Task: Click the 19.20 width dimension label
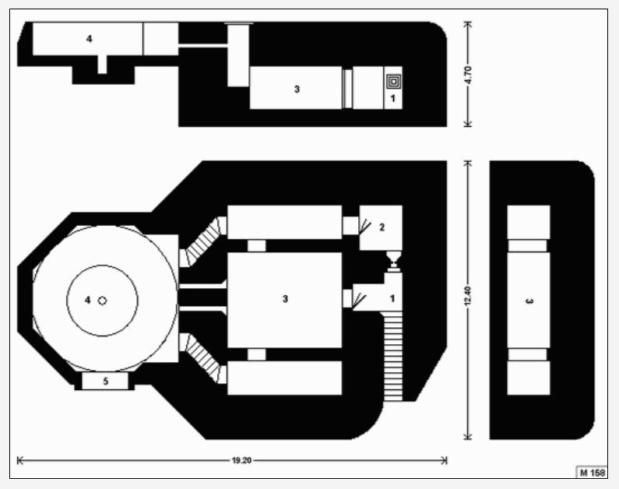[241, 460]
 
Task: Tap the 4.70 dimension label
[468, 75]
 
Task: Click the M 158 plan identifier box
[593, 473]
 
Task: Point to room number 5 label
[105, 382]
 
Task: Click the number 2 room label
[382, 227]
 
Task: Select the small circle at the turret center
[102, 301]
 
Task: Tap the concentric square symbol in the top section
[393, 82]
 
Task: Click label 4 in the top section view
[90, 39]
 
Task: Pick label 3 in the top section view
[297, 90]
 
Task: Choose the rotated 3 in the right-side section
[529, 301]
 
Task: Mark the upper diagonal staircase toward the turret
[203, 241]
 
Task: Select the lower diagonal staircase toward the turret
[203, 358]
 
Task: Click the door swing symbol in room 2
[364, 227]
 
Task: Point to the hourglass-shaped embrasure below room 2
[393, 262]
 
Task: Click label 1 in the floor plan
[392, 298]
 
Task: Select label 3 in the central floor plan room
[285, 299]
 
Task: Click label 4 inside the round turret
[88, 301]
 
